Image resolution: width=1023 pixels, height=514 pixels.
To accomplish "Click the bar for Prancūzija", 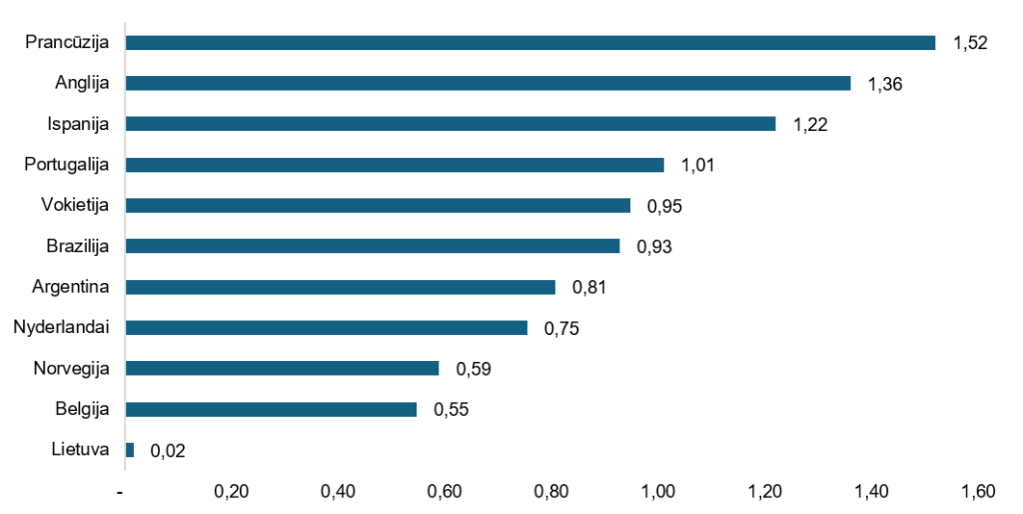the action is pyautogui.click(x=530, y=42).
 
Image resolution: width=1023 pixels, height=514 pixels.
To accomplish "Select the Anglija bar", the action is pyautogui.click(x=488, y=83).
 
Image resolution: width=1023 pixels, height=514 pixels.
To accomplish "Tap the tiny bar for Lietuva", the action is pyautogui.click(x=130, y=450).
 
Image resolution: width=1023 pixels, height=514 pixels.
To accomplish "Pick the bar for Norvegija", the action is pyautogui.click(x=282, y=368).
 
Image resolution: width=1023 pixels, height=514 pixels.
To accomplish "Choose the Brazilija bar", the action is pyautogui.click(x=373, y=246).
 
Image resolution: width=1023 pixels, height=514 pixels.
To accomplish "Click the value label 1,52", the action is pyautogui.click(x=970, y=43).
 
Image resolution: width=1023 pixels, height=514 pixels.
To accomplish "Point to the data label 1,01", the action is pyautogui.click(x=697, y=165).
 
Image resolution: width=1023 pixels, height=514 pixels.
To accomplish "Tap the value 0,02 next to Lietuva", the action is pyautogui.click(x=168, y=451).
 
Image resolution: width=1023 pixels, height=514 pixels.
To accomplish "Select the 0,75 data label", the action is pyautogui.click(x=561, y=328).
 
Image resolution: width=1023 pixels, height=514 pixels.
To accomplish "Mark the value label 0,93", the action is pyautogui.click(x=653, y=247).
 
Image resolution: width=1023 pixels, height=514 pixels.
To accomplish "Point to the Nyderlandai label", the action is pyautogui.click(x=61, y=327).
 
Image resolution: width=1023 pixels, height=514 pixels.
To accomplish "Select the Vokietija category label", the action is pyautogui.click(x=75, y=206).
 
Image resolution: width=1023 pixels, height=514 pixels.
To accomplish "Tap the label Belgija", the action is pyautogui.click(x=82, y=410).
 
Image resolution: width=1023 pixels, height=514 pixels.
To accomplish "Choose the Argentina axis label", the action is pyautogui.click(x=71, y=287).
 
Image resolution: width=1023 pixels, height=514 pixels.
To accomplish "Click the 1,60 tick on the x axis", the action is pyautogui.click(x=978, y=492).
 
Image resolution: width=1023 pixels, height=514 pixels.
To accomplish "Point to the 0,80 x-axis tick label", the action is pyautogui.click(x=551, y=492).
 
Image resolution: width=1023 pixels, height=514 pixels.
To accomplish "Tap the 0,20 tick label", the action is pyautogui.click(x=231, y=492).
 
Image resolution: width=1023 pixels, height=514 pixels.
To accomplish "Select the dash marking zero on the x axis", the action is pyautogui.click(x=120, y=492).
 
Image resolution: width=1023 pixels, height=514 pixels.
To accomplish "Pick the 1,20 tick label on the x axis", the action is pyautogui.click(x=764, y=492).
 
